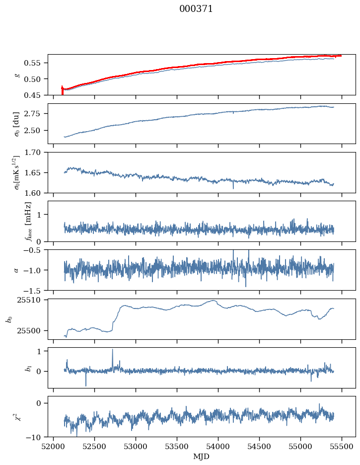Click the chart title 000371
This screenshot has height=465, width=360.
pyautogui.click(x=196, y=9)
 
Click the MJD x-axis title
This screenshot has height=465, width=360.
pyautogui.click(x=202, y=457)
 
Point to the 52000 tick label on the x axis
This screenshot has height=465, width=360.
pyautogui.click(x=54, y=447)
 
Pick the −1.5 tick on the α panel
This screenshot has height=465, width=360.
pyautogui.click(x=34, y=290)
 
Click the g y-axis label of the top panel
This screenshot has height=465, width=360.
pyautogui.click(x=18, y=75)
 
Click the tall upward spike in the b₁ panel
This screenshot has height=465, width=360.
pyautogui.click(x=112, y=350)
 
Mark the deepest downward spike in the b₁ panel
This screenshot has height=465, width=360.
pyautogui.click(x=86, y=385)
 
